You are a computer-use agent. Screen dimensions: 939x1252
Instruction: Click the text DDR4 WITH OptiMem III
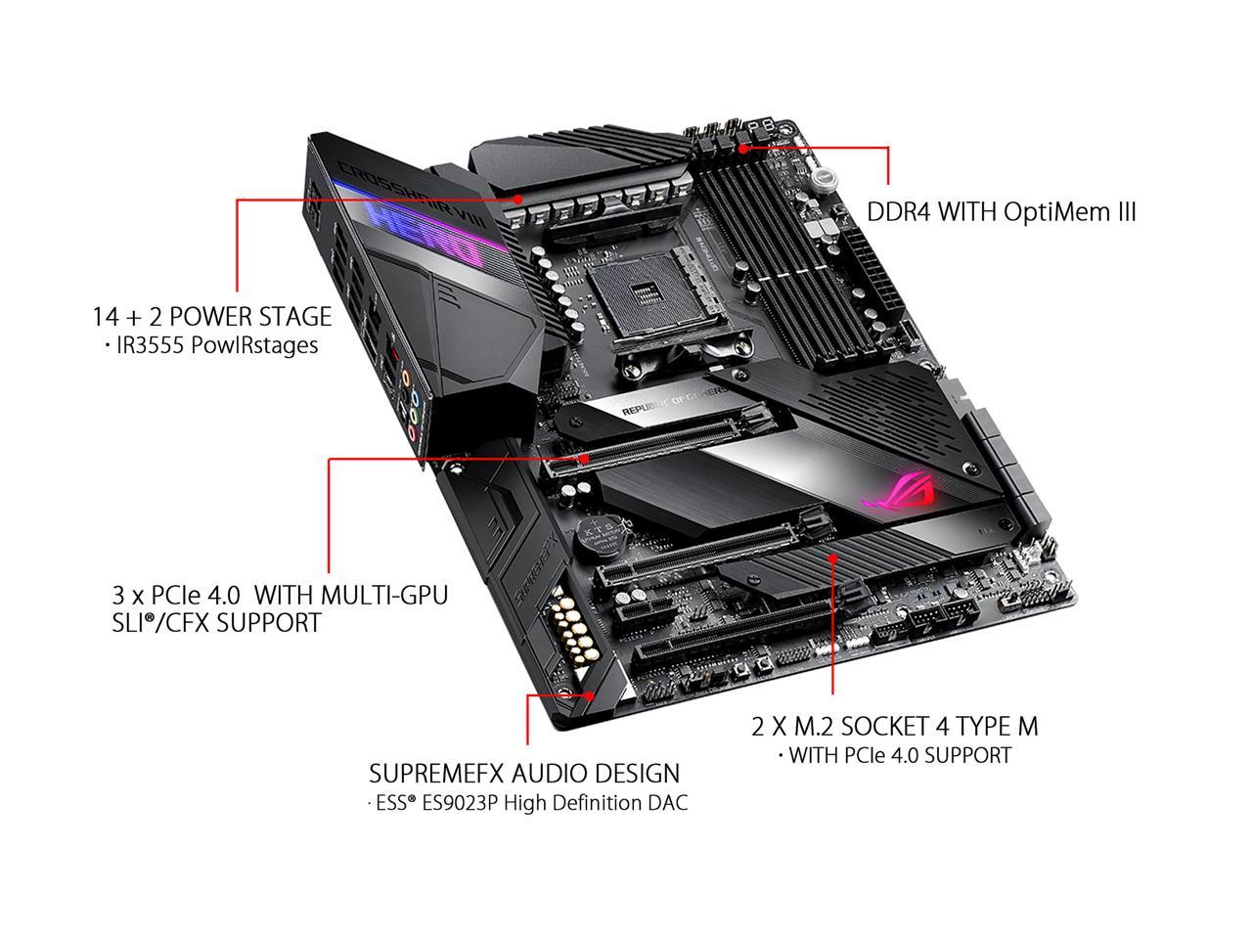[1002, 212]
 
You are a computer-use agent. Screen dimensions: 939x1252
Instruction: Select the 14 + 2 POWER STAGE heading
[212, 316]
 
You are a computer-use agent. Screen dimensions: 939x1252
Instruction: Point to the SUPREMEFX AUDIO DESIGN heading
[524, 774]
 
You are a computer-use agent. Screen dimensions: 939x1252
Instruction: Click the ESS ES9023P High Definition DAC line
[527, 804]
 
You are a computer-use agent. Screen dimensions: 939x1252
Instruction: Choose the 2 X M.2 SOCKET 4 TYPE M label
[894, 726]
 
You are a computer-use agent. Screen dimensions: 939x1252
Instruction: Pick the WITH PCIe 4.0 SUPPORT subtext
[894, 755]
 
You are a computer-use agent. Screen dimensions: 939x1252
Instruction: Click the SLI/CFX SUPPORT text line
[216, 622]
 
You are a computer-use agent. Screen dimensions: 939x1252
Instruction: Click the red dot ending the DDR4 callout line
[744, 149]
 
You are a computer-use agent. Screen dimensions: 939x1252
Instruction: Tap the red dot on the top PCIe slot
[584, 457]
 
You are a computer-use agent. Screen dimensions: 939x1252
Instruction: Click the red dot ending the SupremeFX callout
[591, 695]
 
